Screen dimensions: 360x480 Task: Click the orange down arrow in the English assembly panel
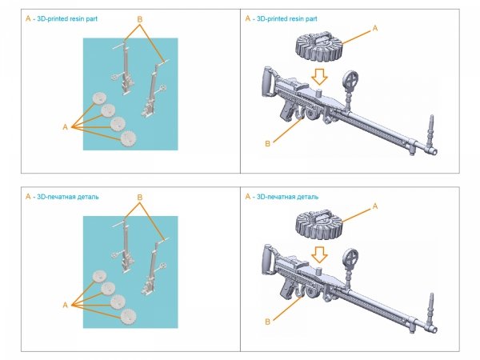coord(318,77)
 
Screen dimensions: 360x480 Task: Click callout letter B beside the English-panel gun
coord(266,143)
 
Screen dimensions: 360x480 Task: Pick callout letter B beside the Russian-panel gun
coord(266,322)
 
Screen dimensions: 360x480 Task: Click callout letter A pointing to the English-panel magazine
coord(374,28)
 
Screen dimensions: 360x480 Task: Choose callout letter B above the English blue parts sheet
coord(140,18)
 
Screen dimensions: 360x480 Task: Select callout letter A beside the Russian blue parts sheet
coord(64,305)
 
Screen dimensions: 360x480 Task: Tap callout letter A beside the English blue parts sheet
coord(64,126)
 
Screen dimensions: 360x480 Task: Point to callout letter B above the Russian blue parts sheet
coord(140,197)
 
